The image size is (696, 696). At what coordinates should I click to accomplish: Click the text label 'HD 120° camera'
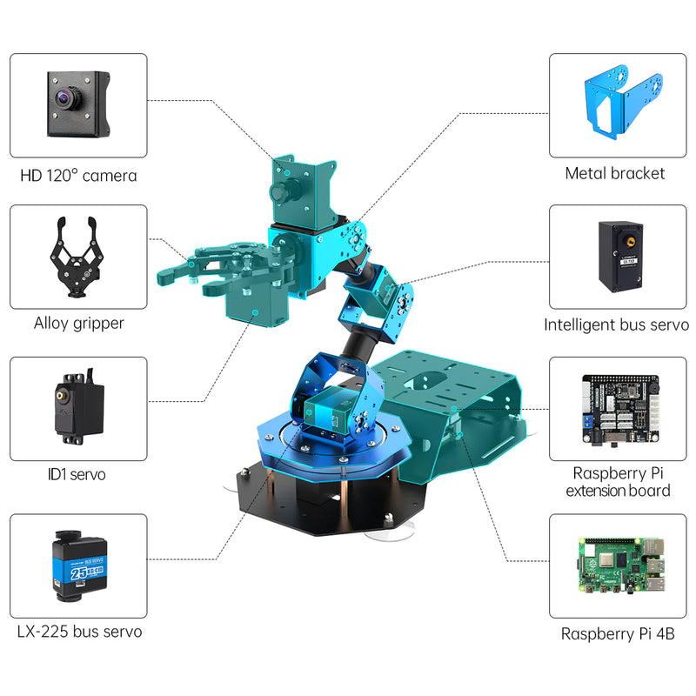tap(78, 176)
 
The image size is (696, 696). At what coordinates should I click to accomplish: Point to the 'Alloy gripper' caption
tap(78, 324)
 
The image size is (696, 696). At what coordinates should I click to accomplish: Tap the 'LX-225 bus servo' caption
tap(78, 632)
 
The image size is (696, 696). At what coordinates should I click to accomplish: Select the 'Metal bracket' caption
tap(614, 173)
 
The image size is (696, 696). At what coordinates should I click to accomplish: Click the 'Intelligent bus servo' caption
tap(616, 325)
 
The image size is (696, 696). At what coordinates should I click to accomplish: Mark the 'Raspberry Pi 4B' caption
tap(617, 633)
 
